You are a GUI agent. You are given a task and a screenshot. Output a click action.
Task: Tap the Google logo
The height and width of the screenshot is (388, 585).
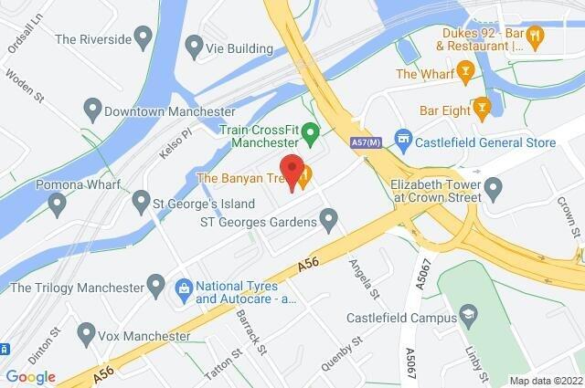pos(30,377)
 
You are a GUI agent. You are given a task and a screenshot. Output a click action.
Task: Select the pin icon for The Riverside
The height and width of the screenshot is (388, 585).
pos(142,38)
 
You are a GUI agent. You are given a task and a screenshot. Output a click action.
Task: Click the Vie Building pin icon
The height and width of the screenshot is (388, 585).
pos(194,46)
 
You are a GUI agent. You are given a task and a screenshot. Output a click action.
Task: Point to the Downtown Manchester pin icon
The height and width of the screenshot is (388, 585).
pos(90,110)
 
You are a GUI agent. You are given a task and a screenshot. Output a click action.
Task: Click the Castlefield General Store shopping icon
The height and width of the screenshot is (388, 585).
pos(401,137)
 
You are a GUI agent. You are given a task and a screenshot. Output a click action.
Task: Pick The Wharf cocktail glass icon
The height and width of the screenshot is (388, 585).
pos(465,71)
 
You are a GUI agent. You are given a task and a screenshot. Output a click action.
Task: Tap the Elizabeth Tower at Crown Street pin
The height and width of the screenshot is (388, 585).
pos(494,190)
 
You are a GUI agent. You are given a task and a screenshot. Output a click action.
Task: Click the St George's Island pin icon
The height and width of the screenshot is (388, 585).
pos(141,199)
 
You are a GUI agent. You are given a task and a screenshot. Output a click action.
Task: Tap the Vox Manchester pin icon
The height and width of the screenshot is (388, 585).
pos(88,331)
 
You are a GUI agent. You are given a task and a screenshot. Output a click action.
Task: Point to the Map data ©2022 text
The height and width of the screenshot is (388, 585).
pos(545,381)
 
